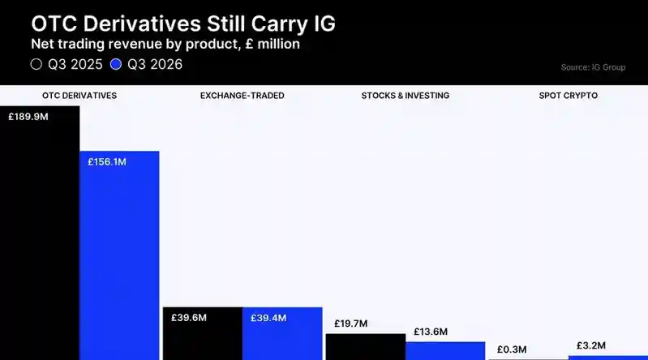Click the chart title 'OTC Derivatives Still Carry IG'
pos(183,24)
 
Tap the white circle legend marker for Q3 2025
pos(36,64)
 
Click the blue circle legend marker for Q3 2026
pos(116,64)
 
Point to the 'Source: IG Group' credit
pos(593,67)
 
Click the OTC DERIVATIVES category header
pos(79,96)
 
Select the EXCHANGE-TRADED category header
pos(242,96)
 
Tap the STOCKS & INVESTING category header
pos(406,96)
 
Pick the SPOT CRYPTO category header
pos(569,96)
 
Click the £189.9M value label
pos(28,117)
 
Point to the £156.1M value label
pos(107,162)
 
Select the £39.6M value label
pos(189,318)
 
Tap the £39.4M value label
pos(268,318)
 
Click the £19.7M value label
pos(351,324)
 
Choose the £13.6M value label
pos(431,332)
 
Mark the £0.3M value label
pos(512,349)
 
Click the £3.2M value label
pos(591,345)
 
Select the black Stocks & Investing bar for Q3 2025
pos(366,347)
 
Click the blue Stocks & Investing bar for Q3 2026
pos(445,351)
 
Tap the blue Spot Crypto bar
pos(608,358)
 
